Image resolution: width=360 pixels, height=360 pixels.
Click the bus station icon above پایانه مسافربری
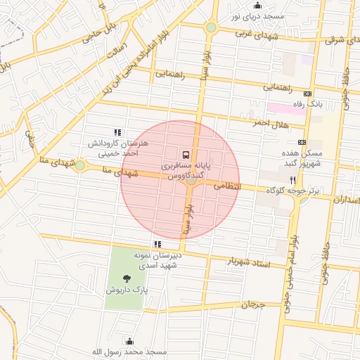[185, 154]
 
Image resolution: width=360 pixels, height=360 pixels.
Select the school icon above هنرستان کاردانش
[117, 131]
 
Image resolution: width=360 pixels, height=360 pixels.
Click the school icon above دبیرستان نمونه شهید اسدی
[157, 244]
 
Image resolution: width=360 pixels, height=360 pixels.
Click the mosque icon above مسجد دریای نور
[256, 6]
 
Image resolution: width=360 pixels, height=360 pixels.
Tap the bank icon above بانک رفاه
[307, 94]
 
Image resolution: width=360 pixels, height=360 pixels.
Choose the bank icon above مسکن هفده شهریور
[302, 142]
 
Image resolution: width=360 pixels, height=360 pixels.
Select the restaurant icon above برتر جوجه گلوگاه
[293, 180]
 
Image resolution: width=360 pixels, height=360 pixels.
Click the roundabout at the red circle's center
[191, 181]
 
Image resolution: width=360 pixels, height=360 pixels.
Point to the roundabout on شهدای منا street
[80, 165]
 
